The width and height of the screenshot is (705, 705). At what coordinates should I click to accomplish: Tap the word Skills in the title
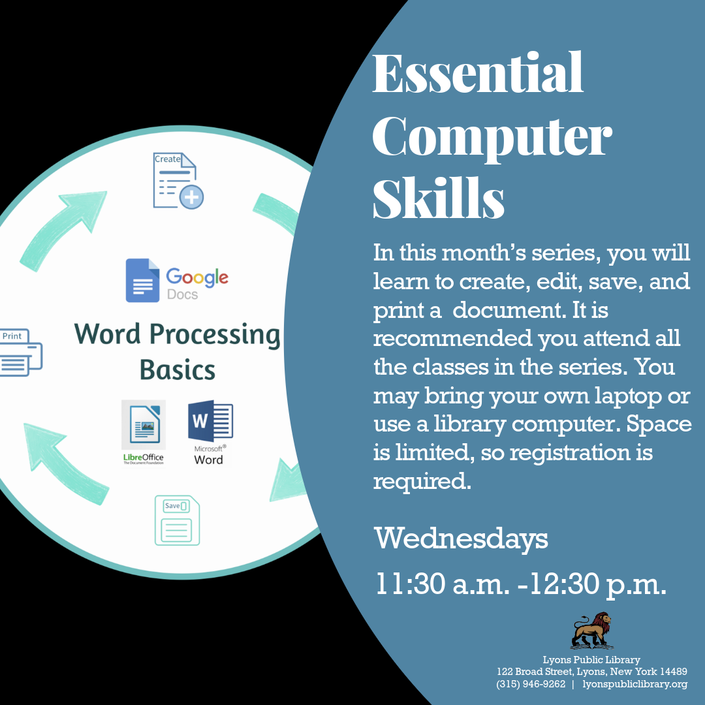point(439,198)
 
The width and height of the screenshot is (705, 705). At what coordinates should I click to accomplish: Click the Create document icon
point(178,181)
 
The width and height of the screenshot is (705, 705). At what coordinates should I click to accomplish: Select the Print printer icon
point(21,352)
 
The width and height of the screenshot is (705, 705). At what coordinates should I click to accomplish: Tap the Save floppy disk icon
point(177,520)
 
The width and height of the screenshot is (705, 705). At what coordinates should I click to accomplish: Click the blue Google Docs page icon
point(142,280)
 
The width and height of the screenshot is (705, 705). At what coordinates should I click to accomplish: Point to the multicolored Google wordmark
point(197,277)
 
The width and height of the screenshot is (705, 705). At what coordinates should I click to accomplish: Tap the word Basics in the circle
point(177,370)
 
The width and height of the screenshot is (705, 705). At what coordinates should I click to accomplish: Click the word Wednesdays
point(461,539)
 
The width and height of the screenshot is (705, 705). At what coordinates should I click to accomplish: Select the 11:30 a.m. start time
point(443,584)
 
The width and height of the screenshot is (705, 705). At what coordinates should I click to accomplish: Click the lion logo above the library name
point(591,631)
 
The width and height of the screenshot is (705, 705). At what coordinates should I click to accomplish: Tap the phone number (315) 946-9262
point(531,684)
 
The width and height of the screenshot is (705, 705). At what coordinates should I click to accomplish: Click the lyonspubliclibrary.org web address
point(635,684)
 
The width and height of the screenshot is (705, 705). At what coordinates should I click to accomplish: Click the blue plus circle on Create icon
point(191,197)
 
